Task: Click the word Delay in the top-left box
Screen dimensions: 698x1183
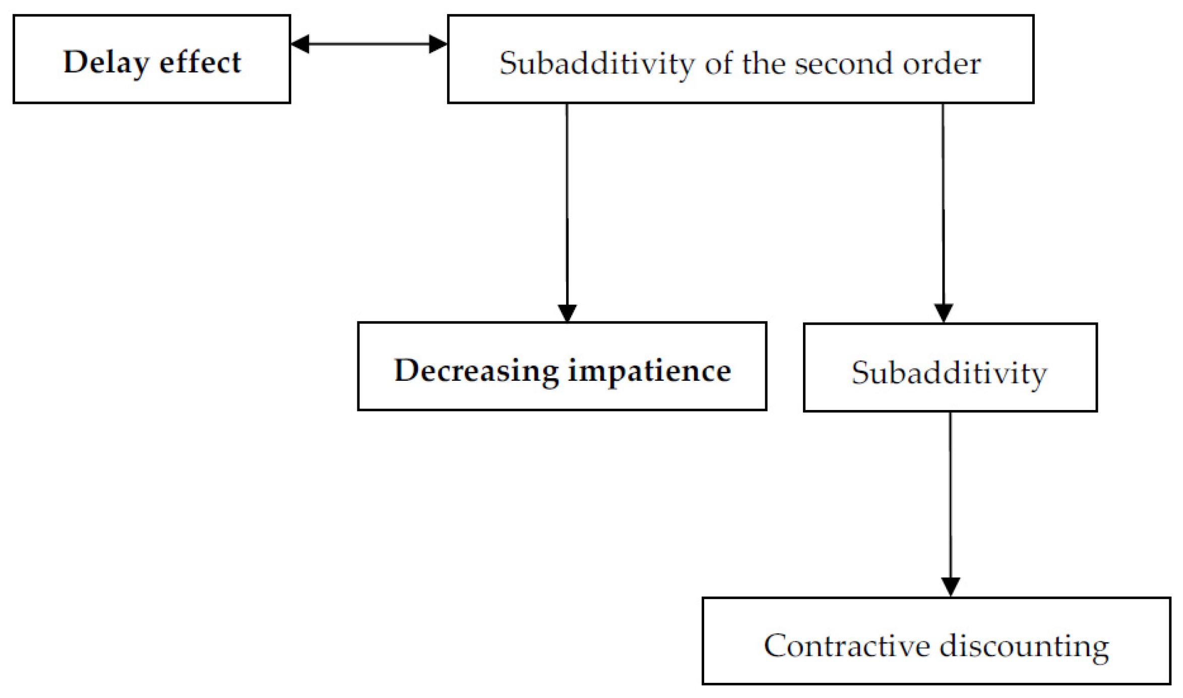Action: point(106,63)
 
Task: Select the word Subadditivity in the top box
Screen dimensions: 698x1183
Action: point(597,64)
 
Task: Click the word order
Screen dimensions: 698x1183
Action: point(941,64)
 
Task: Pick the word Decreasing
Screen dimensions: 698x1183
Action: point(476,371)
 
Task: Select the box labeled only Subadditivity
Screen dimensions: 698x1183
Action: point(950,368)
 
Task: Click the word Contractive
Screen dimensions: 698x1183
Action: point(847,646)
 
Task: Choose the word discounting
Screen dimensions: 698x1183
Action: point(1024,646)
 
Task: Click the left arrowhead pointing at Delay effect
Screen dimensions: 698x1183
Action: point(300,44)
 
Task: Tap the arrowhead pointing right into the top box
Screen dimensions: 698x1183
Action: point(438,44)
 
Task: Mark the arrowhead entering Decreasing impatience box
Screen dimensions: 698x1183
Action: point(568,313)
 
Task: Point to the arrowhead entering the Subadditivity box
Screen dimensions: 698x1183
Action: point(944,313)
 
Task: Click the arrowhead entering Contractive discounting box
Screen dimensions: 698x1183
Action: point(951,587)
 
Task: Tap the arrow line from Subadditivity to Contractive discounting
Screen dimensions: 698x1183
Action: point(951,494)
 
